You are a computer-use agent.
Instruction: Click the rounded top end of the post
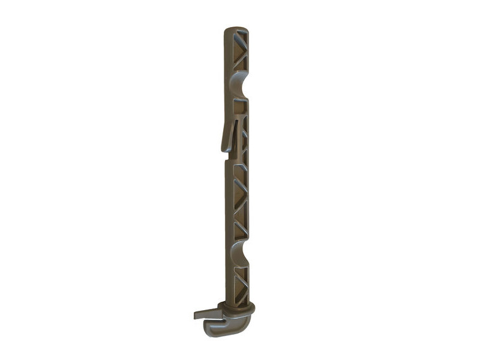(x=236, y=31)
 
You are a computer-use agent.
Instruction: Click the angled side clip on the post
(x=230, y=133)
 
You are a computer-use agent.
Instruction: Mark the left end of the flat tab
(x=196, y=314)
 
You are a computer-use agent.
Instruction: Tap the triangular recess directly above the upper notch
(x=240, y=62)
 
